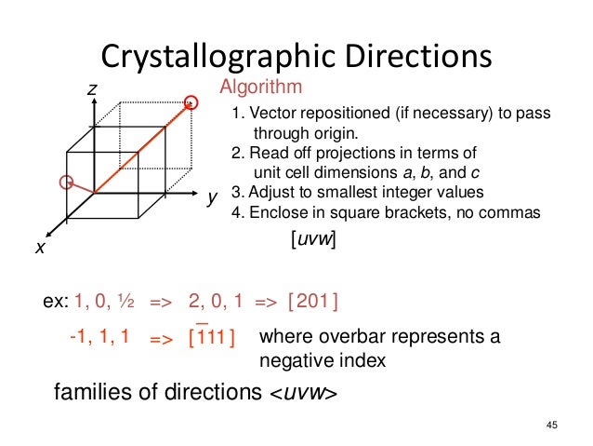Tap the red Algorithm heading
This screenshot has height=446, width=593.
coord(260,88)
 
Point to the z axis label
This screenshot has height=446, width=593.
coord(92,88)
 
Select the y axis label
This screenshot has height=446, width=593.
coord(212,198)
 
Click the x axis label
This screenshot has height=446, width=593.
coord(40,249)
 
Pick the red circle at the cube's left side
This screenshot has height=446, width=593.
coord(66,182)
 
